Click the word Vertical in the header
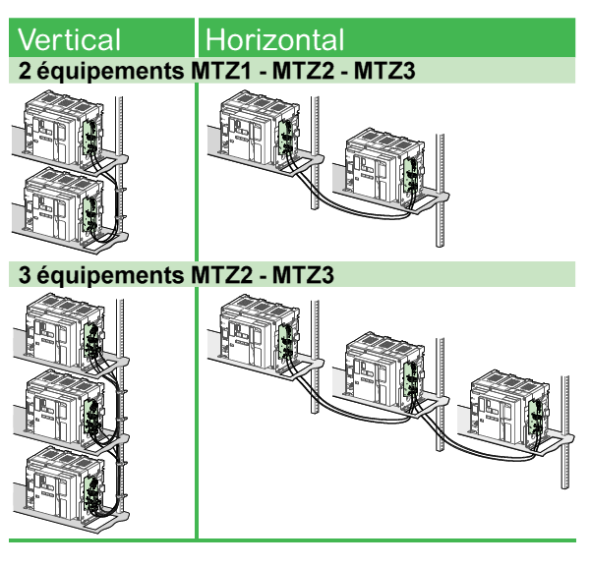coord(69,39)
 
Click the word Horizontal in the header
coord(274,39)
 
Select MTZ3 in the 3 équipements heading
coord(303,274)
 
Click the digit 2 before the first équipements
coord(25,71)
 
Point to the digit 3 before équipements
coord(25,274)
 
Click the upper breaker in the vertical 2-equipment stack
coord(63,129)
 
